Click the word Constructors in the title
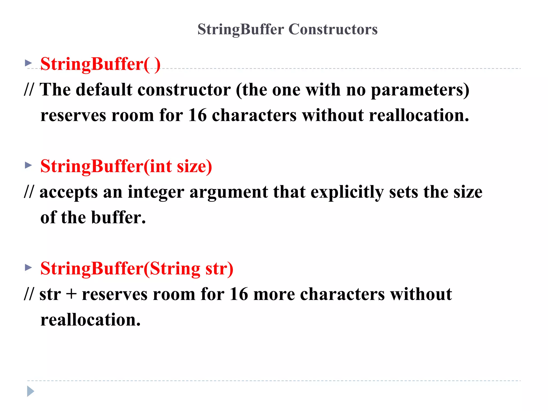[x=333, y=29]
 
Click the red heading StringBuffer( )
[x=100, y=64]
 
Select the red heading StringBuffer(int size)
[x=126, y=166]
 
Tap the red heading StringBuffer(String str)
[x=137, y=268]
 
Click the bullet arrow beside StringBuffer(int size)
[x=28, y=165]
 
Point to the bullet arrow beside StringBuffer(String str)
[x=28, y=267]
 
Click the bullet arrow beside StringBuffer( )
[x=28, y=63]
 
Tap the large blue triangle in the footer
[x=31, y=391]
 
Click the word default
[x=104, y=90]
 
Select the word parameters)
[x=420, y=90]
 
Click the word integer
[x=156, y=192]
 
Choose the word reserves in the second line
[x=73, y=116]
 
